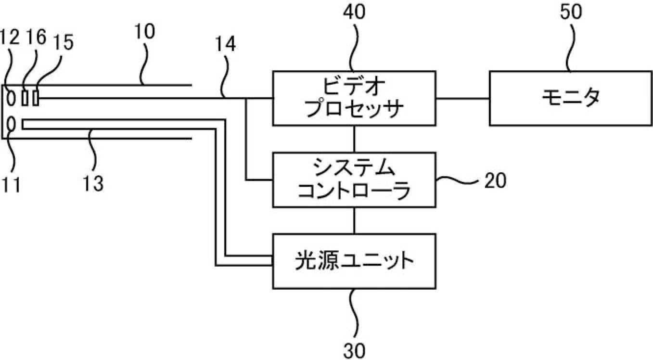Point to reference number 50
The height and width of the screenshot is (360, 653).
pos(571,12)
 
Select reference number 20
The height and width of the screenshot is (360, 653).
pos(495,181)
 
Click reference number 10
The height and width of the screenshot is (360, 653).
pos(144,31)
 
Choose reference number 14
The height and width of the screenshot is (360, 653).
pos(225,44)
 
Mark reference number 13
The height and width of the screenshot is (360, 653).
pos(93,184)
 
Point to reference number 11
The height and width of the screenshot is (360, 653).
pos(11,184)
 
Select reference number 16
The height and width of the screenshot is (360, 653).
pos(36,37)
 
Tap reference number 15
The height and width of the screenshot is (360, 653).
pos(63,42)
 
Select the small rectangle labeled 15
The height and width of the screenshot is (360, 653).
pos(36,98)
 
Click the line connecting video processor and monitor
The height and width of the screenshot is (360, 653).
pos(462,99)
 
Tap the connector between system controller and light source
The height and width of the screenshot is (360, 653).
pos(354,220)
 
